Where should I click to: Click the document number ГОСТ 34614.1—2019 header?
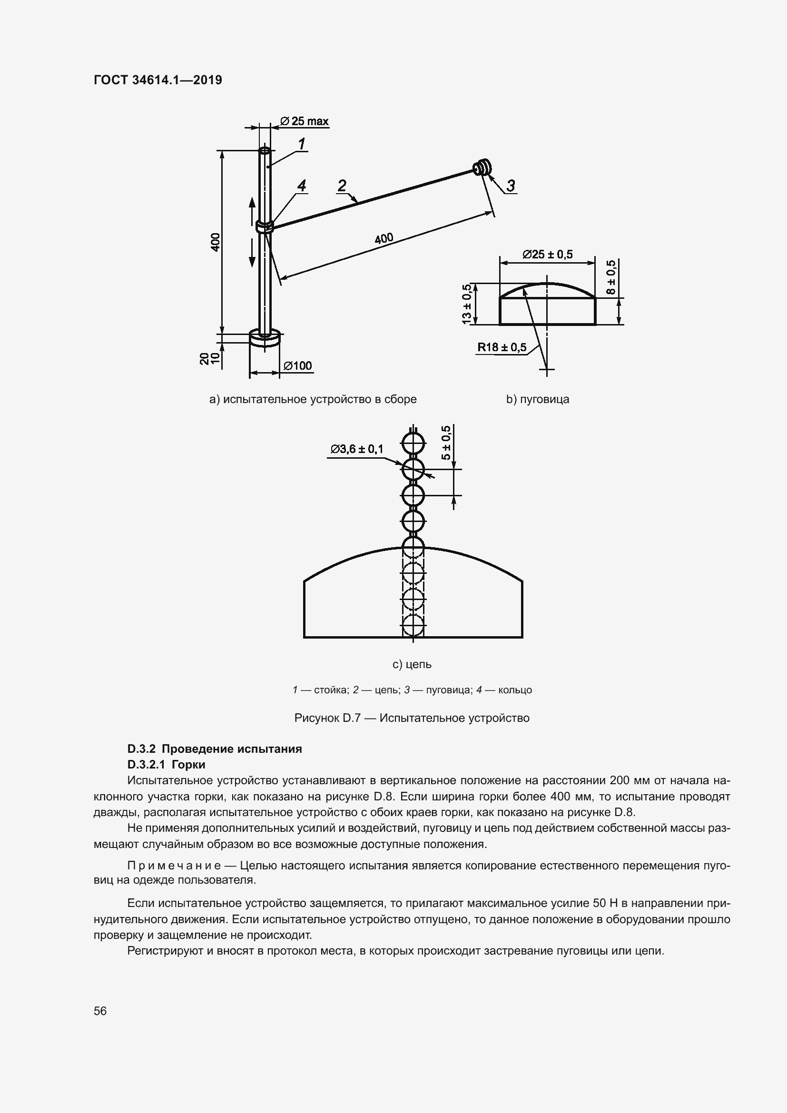[158, 80]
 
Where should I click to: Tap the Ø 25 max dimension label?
[305, 121]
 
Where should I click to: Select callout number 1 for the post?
[301, 144]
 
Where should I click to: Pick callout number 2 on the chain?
[342, 186]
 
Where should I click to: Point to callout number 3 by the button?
[511, 186]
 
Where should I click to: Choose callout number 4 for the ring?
[301, 186]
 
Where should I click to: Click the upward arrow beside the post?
[252, 208]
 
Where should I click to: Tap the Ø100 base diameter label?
[297, 365]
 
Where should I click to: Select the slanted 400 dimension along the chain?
[384, 238]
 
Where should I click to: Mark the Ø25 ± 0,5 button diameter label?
[547, 254]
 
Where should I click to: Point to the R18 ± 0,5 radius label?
[502, 347]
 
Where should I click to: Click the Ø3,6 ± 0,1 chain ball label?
[357, 449]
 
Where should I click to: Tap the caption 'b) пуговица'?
[537, 399]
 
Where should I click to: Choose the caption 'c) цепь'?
[412, 664]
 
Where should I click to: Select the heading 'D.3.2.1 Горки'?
[166, 765]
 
